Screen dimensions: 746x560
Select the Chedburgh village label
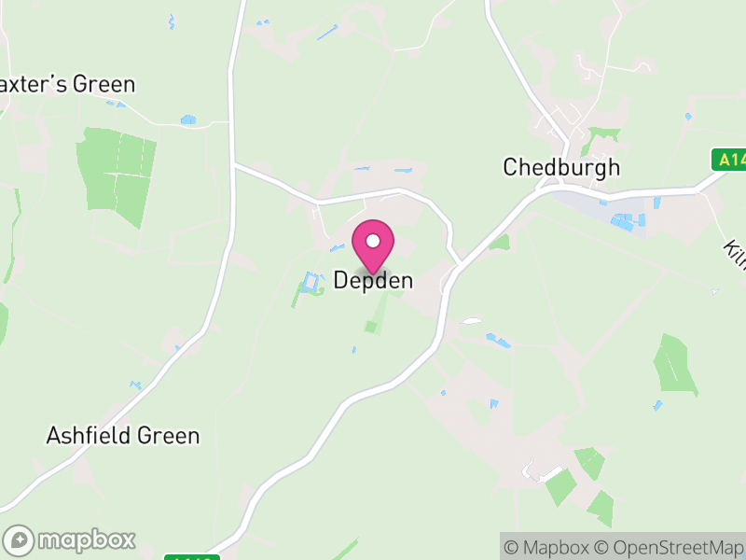pos(561,168)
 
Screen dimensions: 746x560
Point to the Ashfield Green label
pos(123,436)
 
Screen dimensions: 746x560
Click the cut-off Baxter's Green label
pos(67,84)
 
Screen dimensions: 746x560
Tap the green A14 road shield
pos(730,160)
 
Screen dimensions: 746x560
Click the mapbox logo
pos(70,539)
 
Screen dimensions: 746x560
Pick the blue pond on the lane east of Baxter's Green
pos(188,119)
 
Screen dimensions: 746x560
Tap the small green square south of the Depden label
pos(372,327)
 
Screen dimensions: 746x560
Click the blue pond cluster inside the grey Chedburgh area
pos(623,222)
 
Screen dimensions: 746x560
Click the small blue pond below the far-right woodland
pos(658,405)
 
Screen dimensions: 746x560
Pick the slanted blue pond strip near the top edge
pos(327,32)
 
